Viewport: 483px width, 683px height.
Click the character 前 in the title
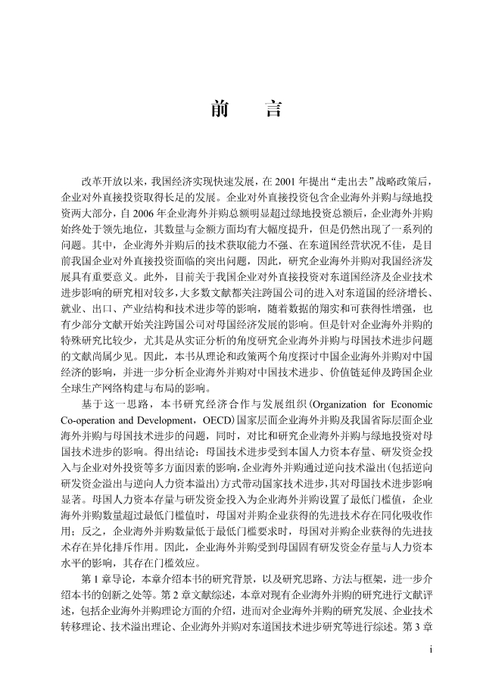pyautogui.click(x=220, y=110)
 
